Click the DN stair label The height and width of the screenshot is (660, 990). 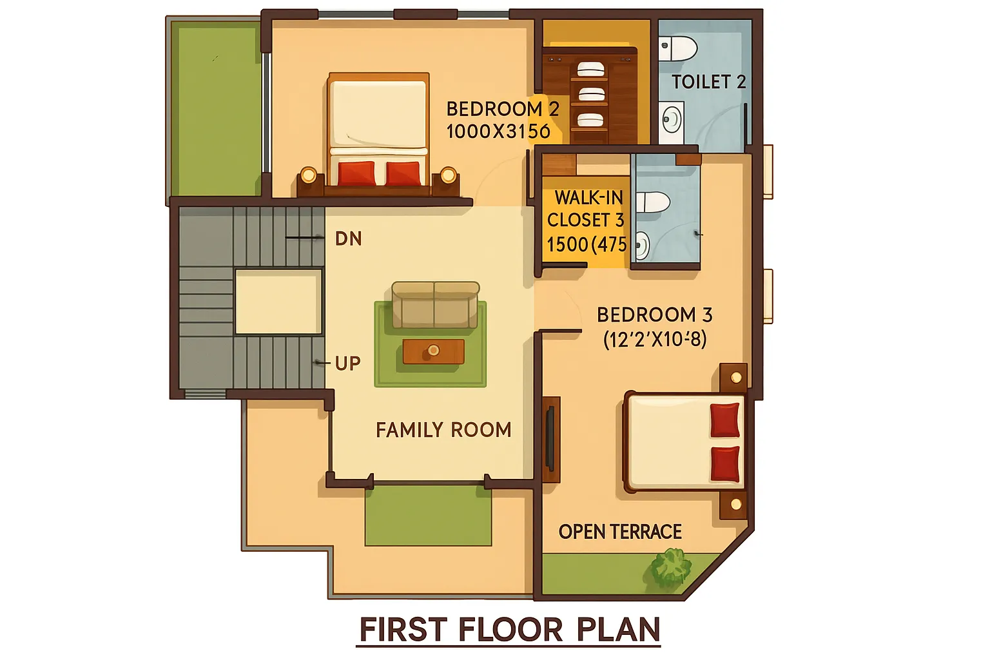tap(348, 238)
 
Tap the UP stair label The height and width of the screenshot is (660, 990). tap(348, 364)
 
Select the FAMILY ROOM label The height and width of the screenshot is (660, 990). tap(443, 430)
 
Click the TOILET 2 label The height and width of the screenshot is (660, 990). tap(708, 82)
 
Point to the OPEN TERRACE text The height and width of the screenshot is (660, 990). tap(620, 532)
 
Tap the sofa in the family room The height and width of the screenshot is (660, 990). tap(435, 305)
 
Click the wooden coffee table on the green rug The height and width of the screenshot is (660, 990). tap(434, 351)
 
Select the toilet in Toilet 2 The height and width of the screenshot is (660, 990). tap(678, 48)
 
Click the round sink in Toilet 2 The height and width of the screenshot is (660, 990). tap(672, 119)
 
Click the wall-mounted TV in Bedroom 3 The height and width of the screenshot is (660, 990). tap(550, 438)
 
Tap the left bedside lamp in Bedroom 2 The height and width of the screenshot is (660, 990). tap(309, 175)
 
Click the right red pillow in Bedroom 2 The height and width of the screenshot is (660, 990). tap(403, 173)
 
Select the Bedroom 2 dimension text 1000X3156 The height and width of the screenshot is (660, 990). tap(498, 131)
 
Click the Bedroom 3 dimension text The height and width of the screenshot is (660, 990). tap(655, 340)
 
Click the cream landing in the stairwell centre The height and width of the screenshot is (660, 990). tap(278, 302)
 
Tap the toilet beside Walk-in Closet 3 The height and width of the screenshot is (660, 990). tap(652, 202)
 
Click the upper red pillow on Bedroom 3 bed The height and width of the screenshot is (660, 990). tap(725, 420)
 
